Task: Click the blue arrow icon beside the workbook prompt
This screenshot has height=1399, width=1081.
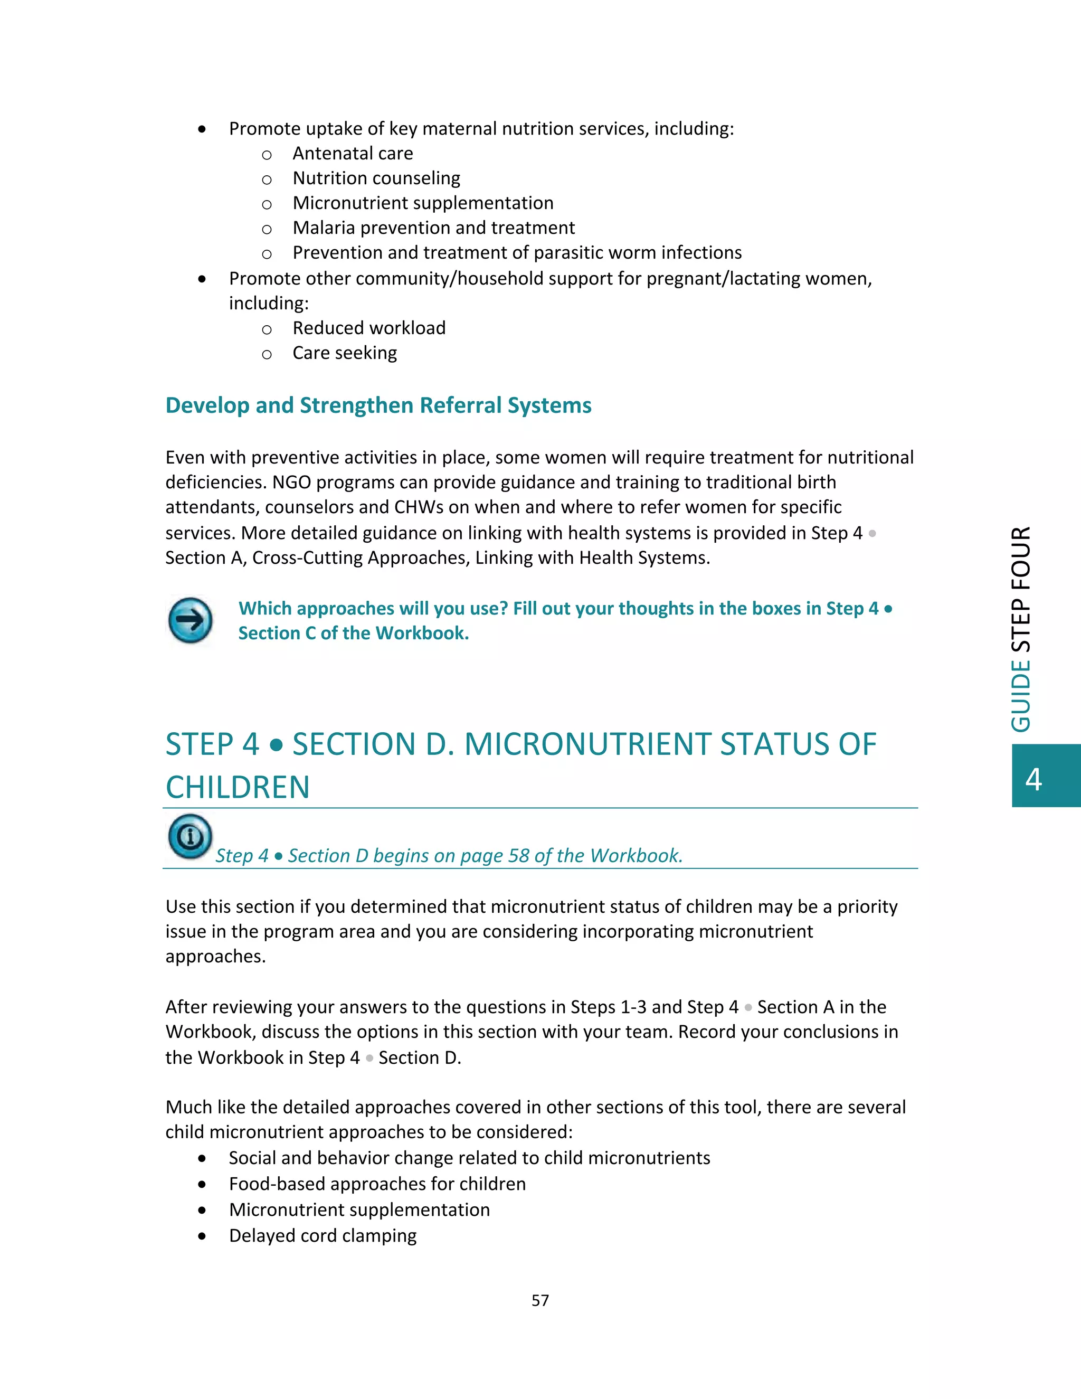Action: [190, 620]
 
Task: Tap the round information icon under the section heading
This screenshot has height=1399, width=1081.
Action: [190, 836]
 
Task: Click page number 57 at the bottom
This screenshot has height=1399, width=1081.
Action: [540, 1300]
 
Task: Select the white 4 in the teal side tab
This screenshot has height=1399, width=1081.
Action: [1033, 779]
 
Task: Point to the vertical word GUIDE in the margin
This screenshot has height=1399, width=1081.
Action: [1021, 696]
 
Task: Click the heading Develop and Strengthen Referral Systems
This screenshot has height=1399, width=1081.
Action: [378, 405]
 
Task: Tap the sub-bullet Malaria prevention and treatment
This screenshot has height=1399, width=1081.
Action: [433, 228]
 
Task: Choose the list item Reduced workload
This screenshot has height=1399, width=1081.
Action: [369, 328]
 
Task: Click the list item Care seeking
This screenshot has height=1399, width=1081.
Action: [345, 353]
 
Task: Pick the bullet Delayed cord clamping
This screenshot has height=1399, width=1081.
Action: [323, 1236]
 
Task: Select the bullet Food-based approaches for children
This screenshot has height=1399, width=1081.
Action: [377, 1184]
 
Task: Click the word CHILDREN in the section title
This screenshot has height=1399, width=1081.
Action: [238, 787]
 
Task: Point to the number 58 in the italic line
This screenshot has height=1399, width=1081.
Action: [519, 856]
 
